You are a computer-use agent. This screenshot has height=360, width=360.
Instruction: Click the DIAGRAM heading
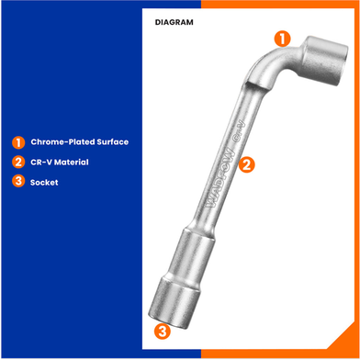[174, 22]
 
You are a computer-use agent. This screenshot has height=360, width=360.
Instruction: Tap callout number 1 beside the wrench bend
[282, 39]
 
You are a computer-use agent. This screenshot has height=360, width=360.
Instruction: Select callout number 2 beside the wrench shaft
[246, 165]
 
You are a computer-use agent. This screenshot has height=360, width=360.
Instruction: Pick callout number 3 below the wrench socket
[162, 331]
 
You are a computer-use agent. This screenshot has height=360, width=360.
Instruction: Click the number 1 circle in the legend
[18, 142]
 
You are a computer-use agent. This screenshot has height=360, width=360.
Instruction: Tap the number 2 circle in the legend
[18, 162]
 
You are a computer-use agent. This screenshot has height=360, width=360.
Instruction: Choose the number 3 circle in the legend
[18, 181]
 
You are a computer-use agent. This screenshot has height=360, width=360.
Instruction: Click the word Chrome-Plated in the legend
[62, 142]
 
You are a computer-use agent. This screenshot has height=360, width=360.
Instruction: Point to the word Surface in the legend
[113, 142]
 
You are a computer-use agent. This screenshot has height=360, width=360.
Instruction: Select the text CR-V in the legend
[41, 163]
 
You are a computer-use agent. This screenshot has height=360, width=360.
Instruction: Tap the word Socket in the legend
[44, 183]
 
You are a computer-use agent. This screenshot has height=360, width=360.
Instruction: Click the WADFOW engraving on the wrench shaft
[220, 179]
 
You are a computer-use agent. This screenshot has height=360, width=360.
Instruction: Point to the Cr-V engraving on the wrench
[240, 130]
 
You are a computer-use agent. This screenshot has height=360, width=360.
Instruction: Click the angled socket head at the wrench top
[323, 61]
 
